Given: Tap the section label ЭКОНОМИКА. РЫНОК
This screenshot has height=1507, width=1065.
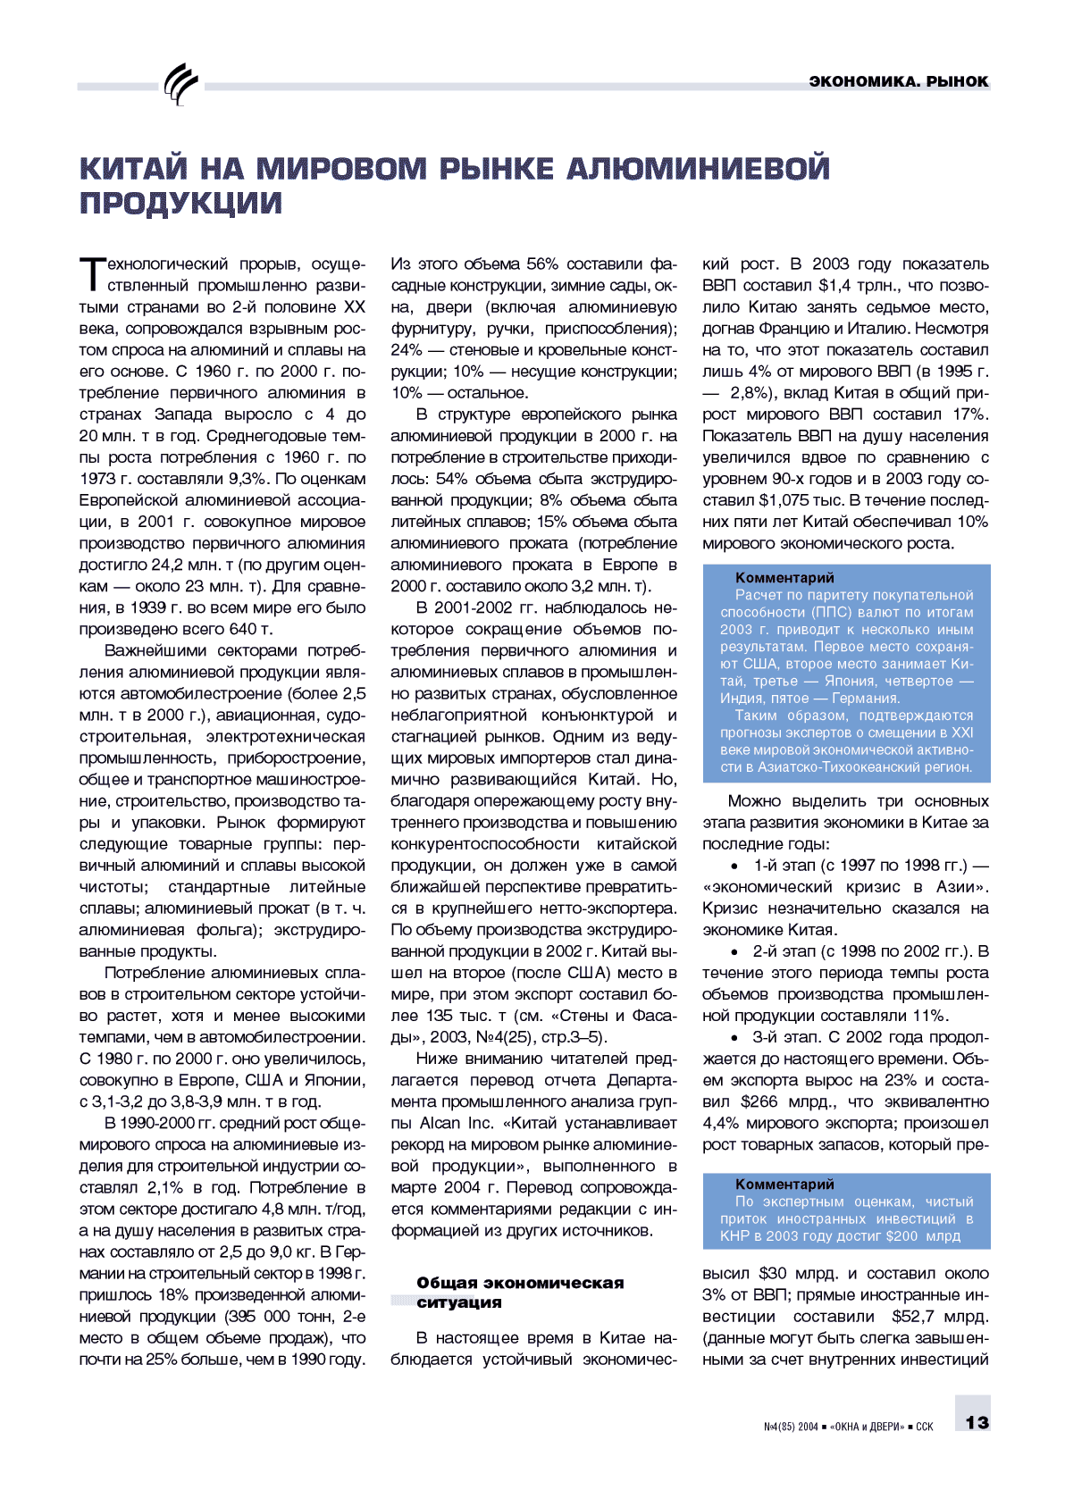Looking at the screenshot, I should (898, 81).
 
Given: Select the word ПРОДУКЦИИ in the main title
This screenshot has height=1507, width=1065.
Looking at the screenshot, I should (180, 204).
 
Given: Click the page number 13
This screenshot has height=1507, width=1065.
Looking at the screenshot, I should (977, 1422).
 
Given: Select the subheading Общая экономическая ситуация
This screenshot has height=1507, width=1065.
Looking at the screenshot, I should (519, 1293).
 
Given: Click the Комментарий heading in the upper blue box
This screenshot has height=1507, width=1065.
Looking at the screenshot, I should (784, 578).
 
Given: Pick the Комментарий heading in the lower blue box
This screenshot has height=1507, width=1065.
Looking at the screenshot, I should (784, 1185).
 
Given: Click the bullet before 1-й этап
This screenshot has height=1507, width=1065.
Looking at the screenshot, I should (734, 867).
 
